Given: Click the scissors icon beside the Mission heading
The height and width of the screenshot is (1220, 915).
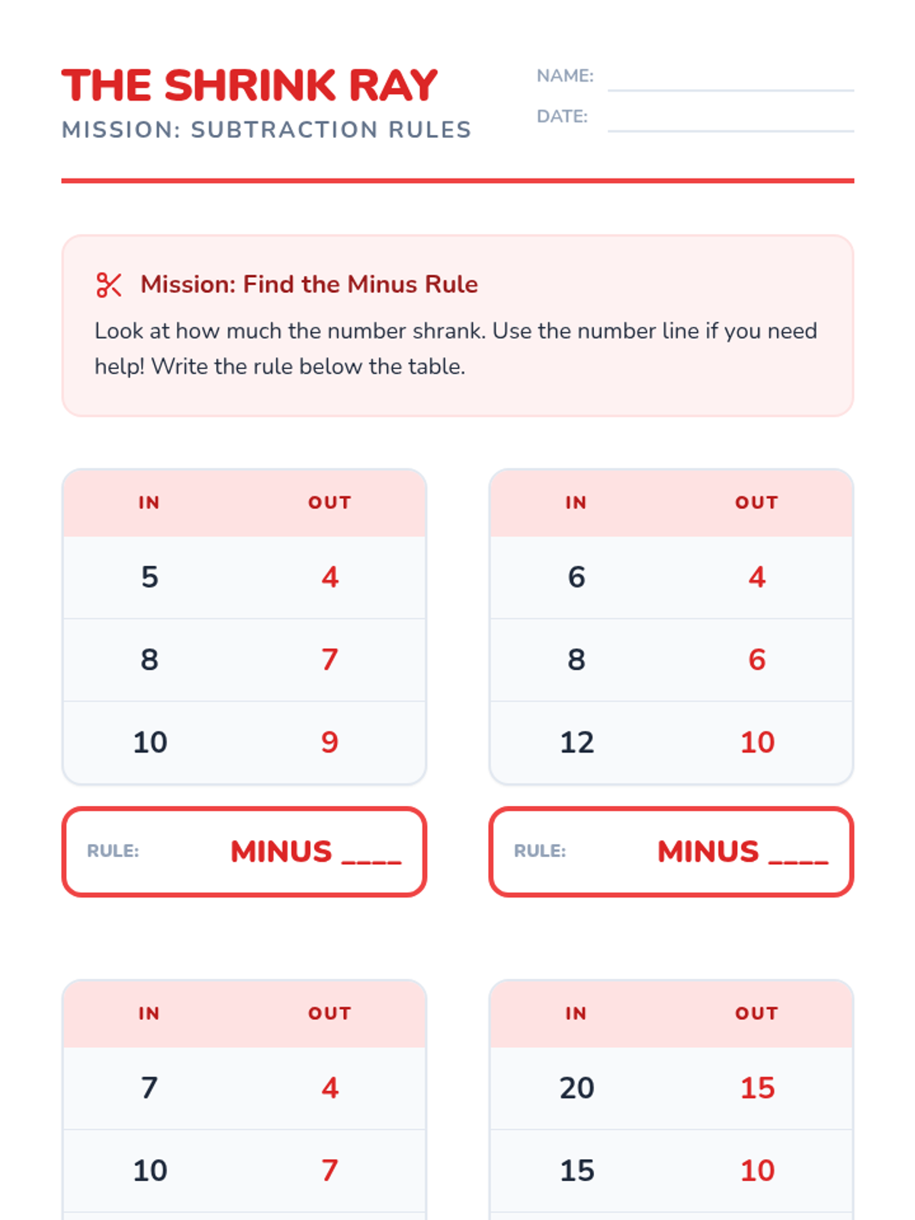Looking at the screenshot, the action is tap(108, 284).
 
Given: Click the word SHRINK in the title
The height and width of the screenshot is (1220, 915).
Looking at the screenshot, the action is tap(250, 85).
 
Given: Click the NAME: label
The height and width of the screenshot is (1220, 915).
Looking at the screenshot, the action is tap(565, 75).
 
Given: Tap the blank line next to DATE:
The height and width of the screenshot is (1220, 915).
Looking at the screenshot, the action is tap(730, 131).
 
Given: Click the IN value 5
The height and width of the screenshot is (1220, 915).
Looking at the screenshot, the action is tap(149, 577).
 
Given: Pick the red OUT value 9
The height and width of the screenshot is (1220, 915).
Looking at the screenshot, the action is tap(329, 742).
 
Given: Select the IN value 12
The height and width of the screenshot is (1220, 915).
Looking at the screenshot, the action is tap(576, 742).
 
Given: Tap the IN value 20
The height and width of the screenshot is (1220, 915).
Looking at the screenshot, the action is tap(576, 1088).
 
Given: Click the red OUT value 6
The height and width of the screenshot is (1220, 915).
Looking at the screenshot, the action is tap(756, 660).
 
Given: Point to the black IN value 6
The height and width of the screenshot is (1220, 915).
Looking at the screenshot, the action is tap(576, 577).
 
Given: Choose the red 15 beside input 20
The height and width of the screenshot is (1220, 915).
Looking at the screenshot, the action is tap(757, 1088).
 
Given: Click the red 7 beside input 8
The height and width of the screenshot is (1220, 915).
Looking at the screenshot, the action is tap(329, 660).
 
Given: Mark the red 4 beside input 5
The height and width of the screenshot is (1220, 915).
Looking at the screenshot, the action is tap(330, 577).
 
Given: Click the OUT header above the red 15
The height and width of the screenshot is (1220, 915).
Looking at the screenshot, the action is tap(756, 1013).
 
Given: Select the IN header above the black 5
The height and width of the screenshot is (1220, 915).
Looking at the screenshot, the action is tap(149, 502).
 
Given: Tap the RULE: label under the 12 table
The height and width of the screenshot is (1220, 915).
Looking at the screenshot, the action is tap(540, 851).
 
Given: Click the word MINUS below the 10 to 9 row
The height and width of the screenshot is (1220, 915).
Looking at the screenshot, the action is tap(281, 852).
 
